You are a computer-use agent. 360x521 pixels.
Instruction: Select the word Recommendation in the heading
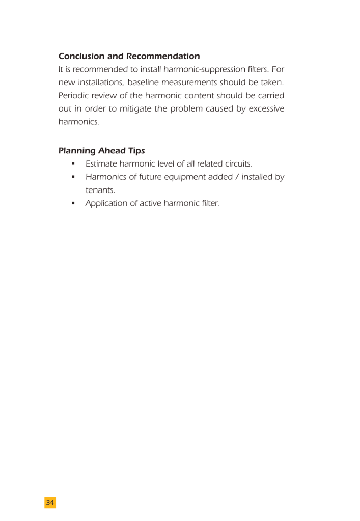pyautogui.click(x=163, y=56)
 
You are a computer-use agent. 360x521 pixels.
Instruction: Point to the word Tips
pyautogui.click(x=136, y=151)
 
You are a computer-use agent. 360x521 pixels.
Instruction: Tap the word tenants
pyautogui.click(x=100, y=190)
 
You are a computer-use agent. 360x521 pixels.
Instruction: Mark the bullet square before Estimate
pyautogui.click(x=73, y=164)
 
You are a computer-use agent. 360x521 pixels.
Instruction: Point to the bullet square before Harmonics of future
pyautogui.click(x=73, y=177)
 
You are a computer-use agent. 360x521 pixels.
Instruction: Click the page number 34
pyautogui.click(x=50, y=503)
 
